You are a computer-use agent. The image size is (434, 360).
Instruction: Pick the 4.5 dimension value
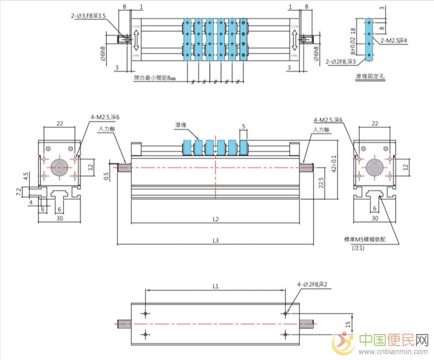25,176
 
